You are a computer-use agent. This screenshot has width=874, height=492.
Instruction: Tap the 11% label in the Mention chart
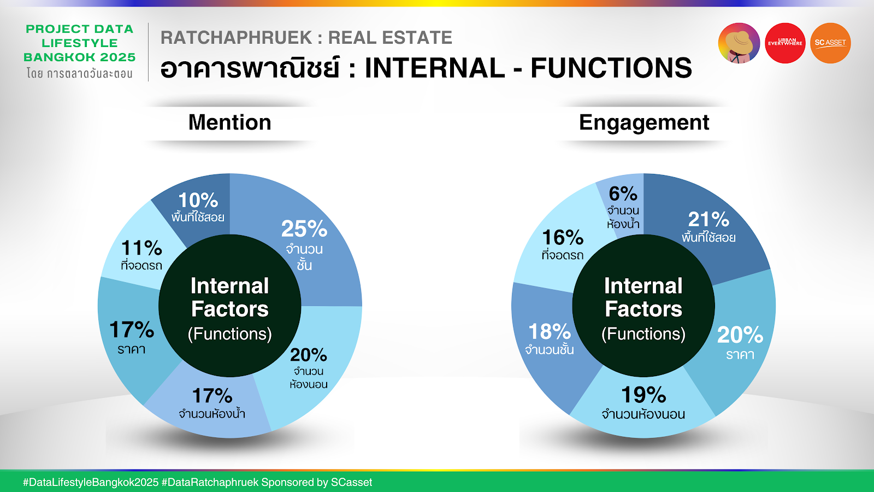[141, 248]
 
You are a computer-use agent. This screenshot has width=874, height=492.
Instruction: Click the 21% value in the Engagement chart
[708, 219]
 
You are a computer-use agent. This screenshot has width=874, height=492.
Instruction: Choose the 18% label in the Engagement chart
[550, 332]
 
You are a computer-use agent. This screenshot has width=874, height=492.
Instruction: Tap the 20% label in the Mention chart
[308, 355]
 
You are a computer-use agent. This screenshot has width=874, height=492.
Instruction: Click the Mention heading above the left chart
[230, 122]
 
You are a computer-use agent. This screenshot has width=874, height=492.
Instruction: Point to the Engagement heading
[644, 123]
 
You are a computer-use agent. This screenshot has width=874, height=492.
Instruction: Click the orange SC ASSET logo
[830, 43]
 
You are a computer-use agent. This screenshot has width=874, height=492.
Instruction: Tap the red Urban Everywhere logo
[785, 43]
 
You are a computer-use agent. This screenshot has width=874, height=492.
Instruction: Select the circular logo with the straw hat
[739, 43]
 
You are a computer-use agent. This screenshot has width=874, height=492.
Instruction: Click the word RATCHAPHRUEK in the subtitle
[237, 38]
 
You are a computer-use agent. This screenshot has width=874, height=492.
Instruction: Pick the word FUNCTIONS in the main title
[611, 68]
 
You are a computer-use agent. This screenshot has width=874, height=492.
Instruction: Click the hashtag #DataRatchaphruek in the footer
[210, 482]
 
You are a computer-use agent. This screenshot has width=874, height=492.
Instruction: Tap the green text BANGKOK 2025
[80, 57]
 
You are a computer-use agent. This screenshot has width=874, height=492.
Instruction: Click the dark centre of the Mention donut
[230, 306]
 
